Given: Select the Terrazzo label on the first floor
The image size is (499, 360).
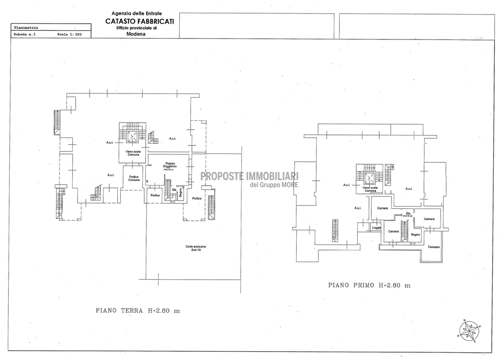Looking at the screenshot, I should tap(434, 247).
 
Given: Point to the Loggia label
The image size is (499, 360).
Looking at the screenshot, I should tap(376, 227).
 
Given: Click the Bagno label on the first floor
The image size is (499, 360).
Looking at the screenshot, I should tap(415, 234).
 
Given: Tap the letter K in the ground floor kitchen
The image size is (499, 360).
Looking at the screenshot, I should tap(147, 181).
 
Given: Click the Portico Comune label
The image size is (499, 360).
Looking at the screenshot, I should tap(134, 178).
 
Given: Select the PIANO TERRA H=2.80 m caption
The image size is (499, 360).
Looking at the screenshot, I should tap(138, 310).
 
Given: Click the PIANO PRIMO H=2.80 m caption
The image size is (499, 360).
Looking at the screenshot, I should tap(369, 285).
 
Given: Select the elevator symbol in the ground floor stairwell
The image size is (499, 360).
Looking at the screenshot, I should tap(132, 136).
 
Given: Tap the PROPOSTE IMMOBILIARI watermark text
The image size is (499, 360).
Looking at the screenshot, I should tap(249, 176).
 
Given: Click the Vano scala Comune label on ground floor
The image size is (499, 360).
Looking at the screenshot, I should tap(133, 153).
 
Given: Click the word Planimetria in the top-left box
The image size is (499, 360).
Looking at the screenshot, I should tap(26, 28).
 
